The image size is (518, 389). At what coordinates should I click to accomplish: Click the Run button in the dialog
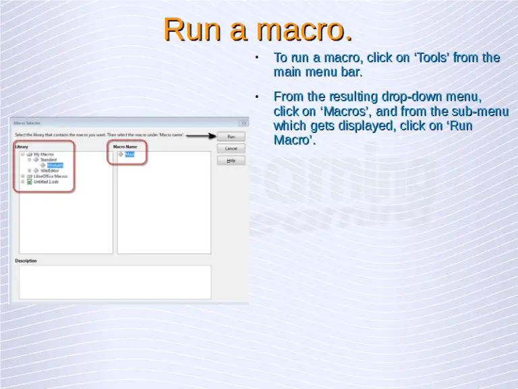click(x=231, y=136)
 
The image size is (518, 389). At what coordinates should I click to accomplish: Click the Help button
click(x=231, y=161)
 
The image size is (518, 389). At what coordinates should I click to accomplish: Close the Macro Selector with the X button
click(x=243, y=123)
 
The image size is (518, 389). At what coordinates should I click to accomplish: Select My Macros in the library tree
click(x=44, y=154)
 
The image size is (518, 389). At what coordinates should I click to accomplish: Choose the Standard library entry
click(x=49, y=159)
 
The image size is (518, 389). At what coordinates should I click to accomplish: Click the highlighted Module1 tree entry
click(x=55, y=165)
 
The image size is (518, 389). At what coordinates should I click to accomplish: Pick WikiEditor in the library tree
click(x=50, y=171)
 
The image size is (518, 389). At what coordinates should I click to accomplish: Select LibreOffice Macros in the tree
click(x=51, y=176)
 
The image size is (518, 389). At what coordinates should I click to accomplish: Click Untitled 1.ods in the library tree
click(x=47, y=182)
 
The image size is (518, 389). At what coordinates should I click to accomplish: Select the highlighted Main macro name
click(x=129, y=154)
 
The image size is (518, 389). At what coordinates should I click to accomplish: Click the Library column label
click(x=22, y=147)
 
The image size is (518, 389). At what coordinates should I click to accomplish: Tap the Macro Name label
click(x=125, y=147)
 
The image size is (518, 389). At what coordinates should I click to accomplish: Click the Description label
click(x=26, y=261)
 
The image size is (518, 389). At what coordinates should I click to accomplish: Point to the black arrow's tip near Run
click(x=213, y=136)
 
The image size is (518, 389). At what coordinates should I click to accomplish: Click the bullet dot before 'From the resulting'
click(x=257, y=97)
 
